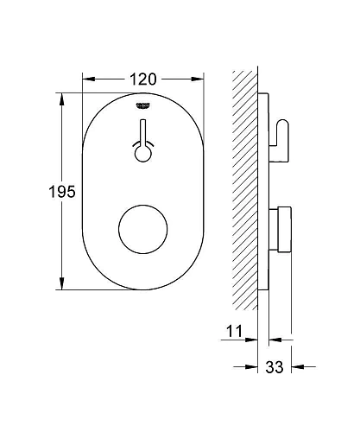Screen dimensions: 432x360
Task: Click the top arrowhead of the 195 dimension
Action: click(62, 97)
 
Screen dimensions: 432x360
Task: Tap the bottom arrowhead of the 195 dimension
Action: click(62, 287)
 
